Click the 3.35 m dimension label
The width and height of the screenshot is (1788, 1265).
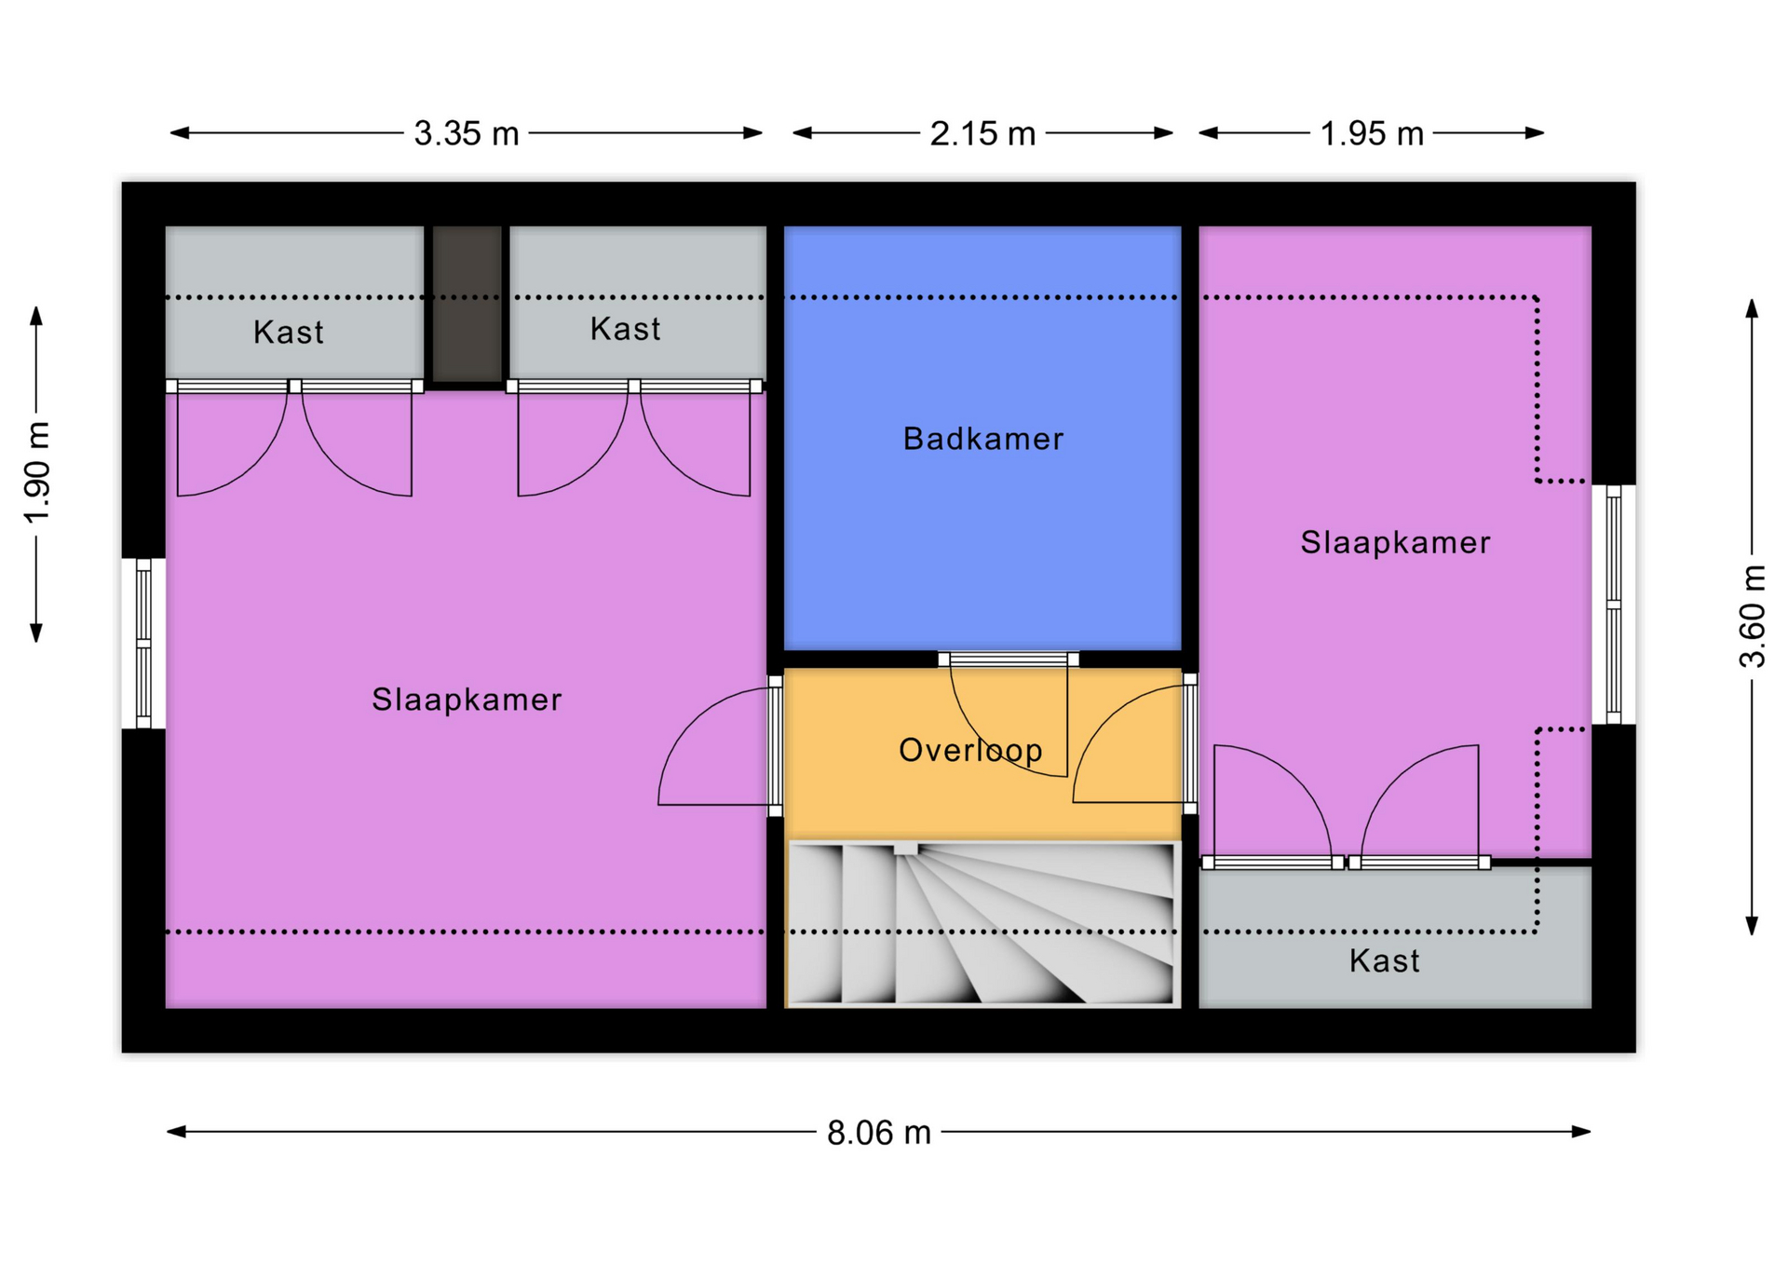tap(466, 133)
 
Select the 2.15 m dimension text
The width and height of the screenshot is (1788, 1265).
tap(982, 133)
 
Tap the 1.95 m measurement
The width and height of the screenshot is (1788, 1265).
tap(1372, 133)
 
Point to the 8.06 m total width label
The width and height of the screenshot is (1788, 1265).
tap(879, 1133)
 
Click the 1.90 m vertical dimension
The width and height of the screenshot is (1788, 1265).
tap(37, 472)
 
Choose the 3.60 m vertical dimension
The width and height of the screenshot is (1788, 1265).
tap(1752, 616)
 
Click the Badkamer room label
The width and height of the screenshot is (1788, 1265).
tap(982, 439)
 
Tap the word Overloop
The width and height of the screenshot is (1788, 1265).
tap(970, 750)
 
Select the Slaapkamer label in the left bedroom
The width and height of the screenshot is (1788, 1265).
tap(467, 700)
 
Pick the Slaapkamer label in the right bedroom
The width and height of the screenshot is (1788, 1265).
tap(1395, 542)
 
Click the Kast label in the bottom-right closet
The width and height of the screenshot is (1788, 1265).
tap(1385, 960)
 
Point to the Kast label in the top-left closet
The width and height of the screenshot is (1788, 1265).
tap(289, 332)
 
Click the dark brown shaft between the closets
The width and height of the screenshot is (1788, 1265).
tap(467, 304)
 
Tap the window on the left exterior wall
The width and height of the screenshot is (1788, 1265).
tap(143, 643)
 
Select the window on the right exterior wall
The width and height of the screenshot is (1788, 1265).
tap(1614, 604)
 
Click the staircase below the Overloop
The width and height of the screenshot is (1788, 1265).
tap(982, 924)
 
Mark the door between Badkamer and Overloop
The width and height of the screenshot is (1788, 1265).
tap(1009, 660)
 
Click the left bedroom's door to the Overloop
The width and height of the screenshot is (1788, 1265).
tap(775, 746)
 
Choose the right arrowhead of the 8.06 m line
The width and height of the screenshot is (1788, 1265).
tap(1582, 1132)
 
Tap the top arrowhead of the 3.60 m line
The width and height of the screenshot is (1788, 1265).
tap(1752, 308)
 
